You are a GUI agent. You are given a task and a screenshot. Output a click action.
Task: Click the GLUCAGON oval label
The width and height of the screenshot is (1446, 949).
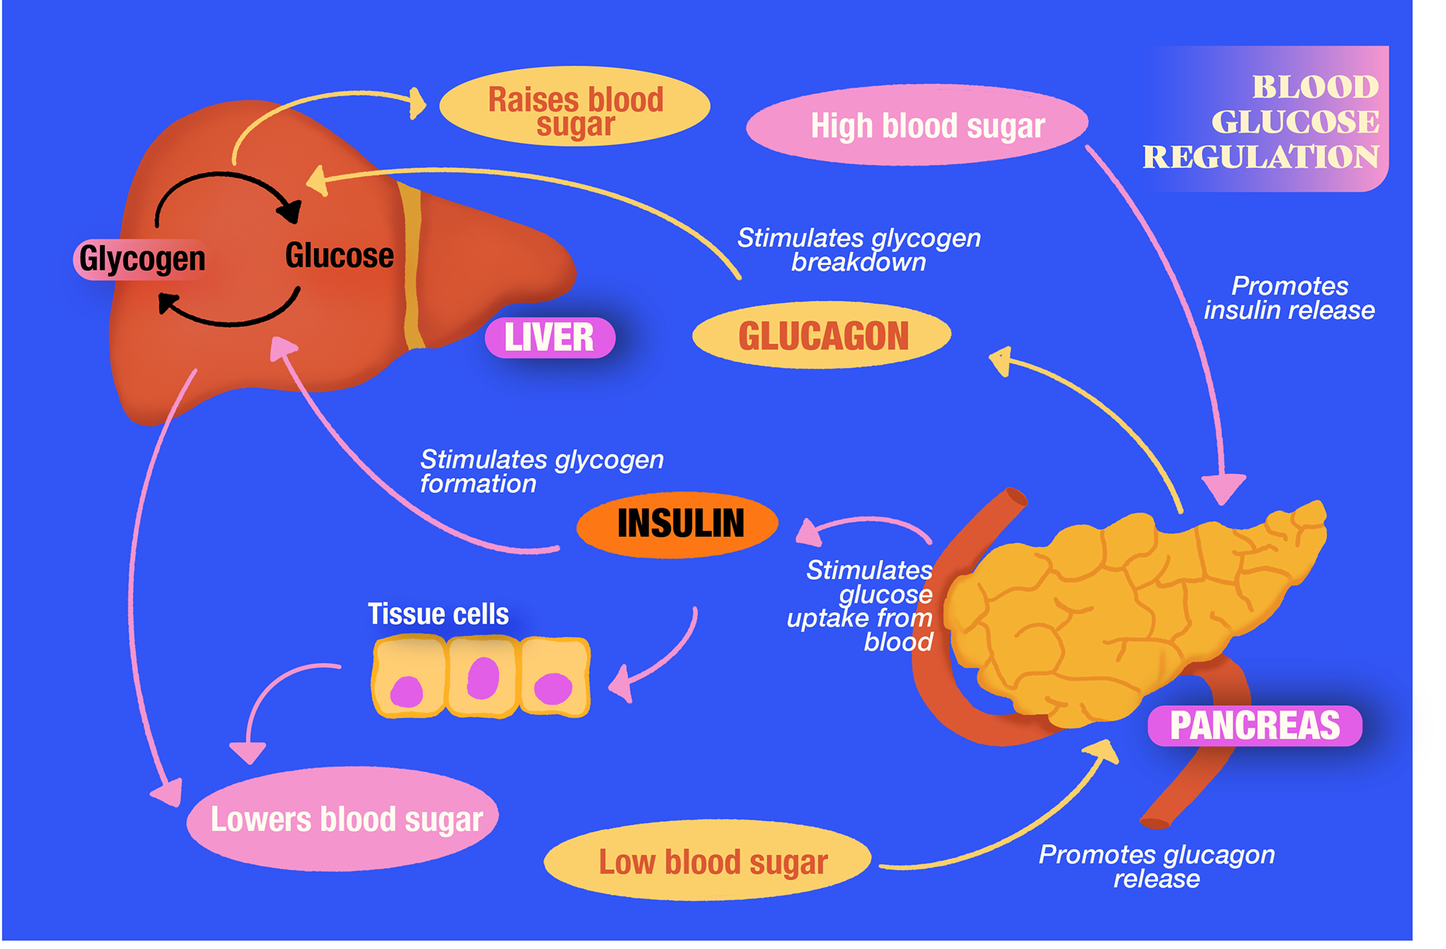tap(822, 336)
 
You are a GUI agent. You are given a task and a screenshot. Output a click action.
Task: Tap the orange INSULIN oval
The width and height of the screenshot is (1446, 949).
tap(678, 524)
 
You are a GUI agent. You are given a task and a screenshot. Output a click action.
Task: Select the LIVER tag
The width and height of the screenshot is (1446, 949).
tap(550, 337)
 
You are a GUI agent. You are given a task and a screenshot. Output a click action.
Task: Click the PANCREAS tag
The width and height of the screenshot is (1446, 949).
tap(1255, 725)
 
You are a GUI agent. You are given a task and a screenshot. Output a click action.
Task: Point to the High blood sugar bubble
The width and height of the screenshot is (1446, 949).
tap(917, 125)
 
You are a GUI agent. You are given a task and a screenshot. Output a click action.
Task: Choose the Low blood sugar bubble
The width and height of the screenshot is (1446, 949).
tap(708, 861)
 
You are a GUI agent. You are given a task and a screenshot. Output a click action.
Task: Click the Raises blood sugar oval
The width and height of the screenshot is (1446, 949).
tap(575, 106)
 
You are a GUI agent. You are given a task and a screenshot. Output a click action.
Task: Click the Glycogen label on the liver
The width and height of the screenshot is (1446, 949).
tap(142, 259)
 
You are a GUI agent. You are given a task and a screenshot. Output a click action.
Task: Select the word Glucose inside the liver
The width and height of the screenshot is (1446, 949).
tap(339, 256)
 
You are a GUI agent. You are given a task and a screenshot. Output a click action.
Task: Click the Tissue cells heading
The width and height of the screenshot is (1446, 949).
tap(438, 614)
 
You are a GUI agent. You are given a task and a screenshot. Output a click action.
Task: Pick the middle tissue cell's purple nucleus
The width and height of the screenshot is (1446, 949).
tap(483, 678)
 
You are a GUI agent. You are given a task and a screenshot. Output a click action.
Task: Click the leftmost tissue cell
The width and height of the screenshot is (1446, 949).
tap(409, 676)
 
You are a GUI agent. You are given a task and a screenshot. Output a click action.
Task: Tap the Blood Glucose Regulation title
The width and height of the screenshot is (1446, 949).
tap(1273, 121)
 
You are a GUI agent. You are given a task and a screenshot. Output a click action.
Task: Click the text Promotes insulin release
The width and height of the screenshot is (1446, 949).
tap(1289, 298)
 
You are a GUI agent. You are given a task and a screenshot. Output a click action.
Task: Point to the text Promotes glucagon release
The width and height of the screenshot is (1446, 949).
tap(1156, 866)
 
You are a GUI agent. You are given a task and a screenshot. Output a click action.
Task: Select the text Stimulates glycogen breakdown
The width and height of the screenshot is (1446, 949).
tap(859, 250)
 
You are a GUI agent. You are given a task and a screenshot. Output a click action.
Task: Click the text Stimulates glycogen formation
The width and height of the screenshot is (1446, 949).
tap(541, 471)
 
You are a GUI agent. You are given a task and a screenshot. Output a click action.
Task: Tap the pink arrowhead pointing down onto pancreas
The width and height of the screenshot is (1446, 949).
tap(1223, 490)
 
